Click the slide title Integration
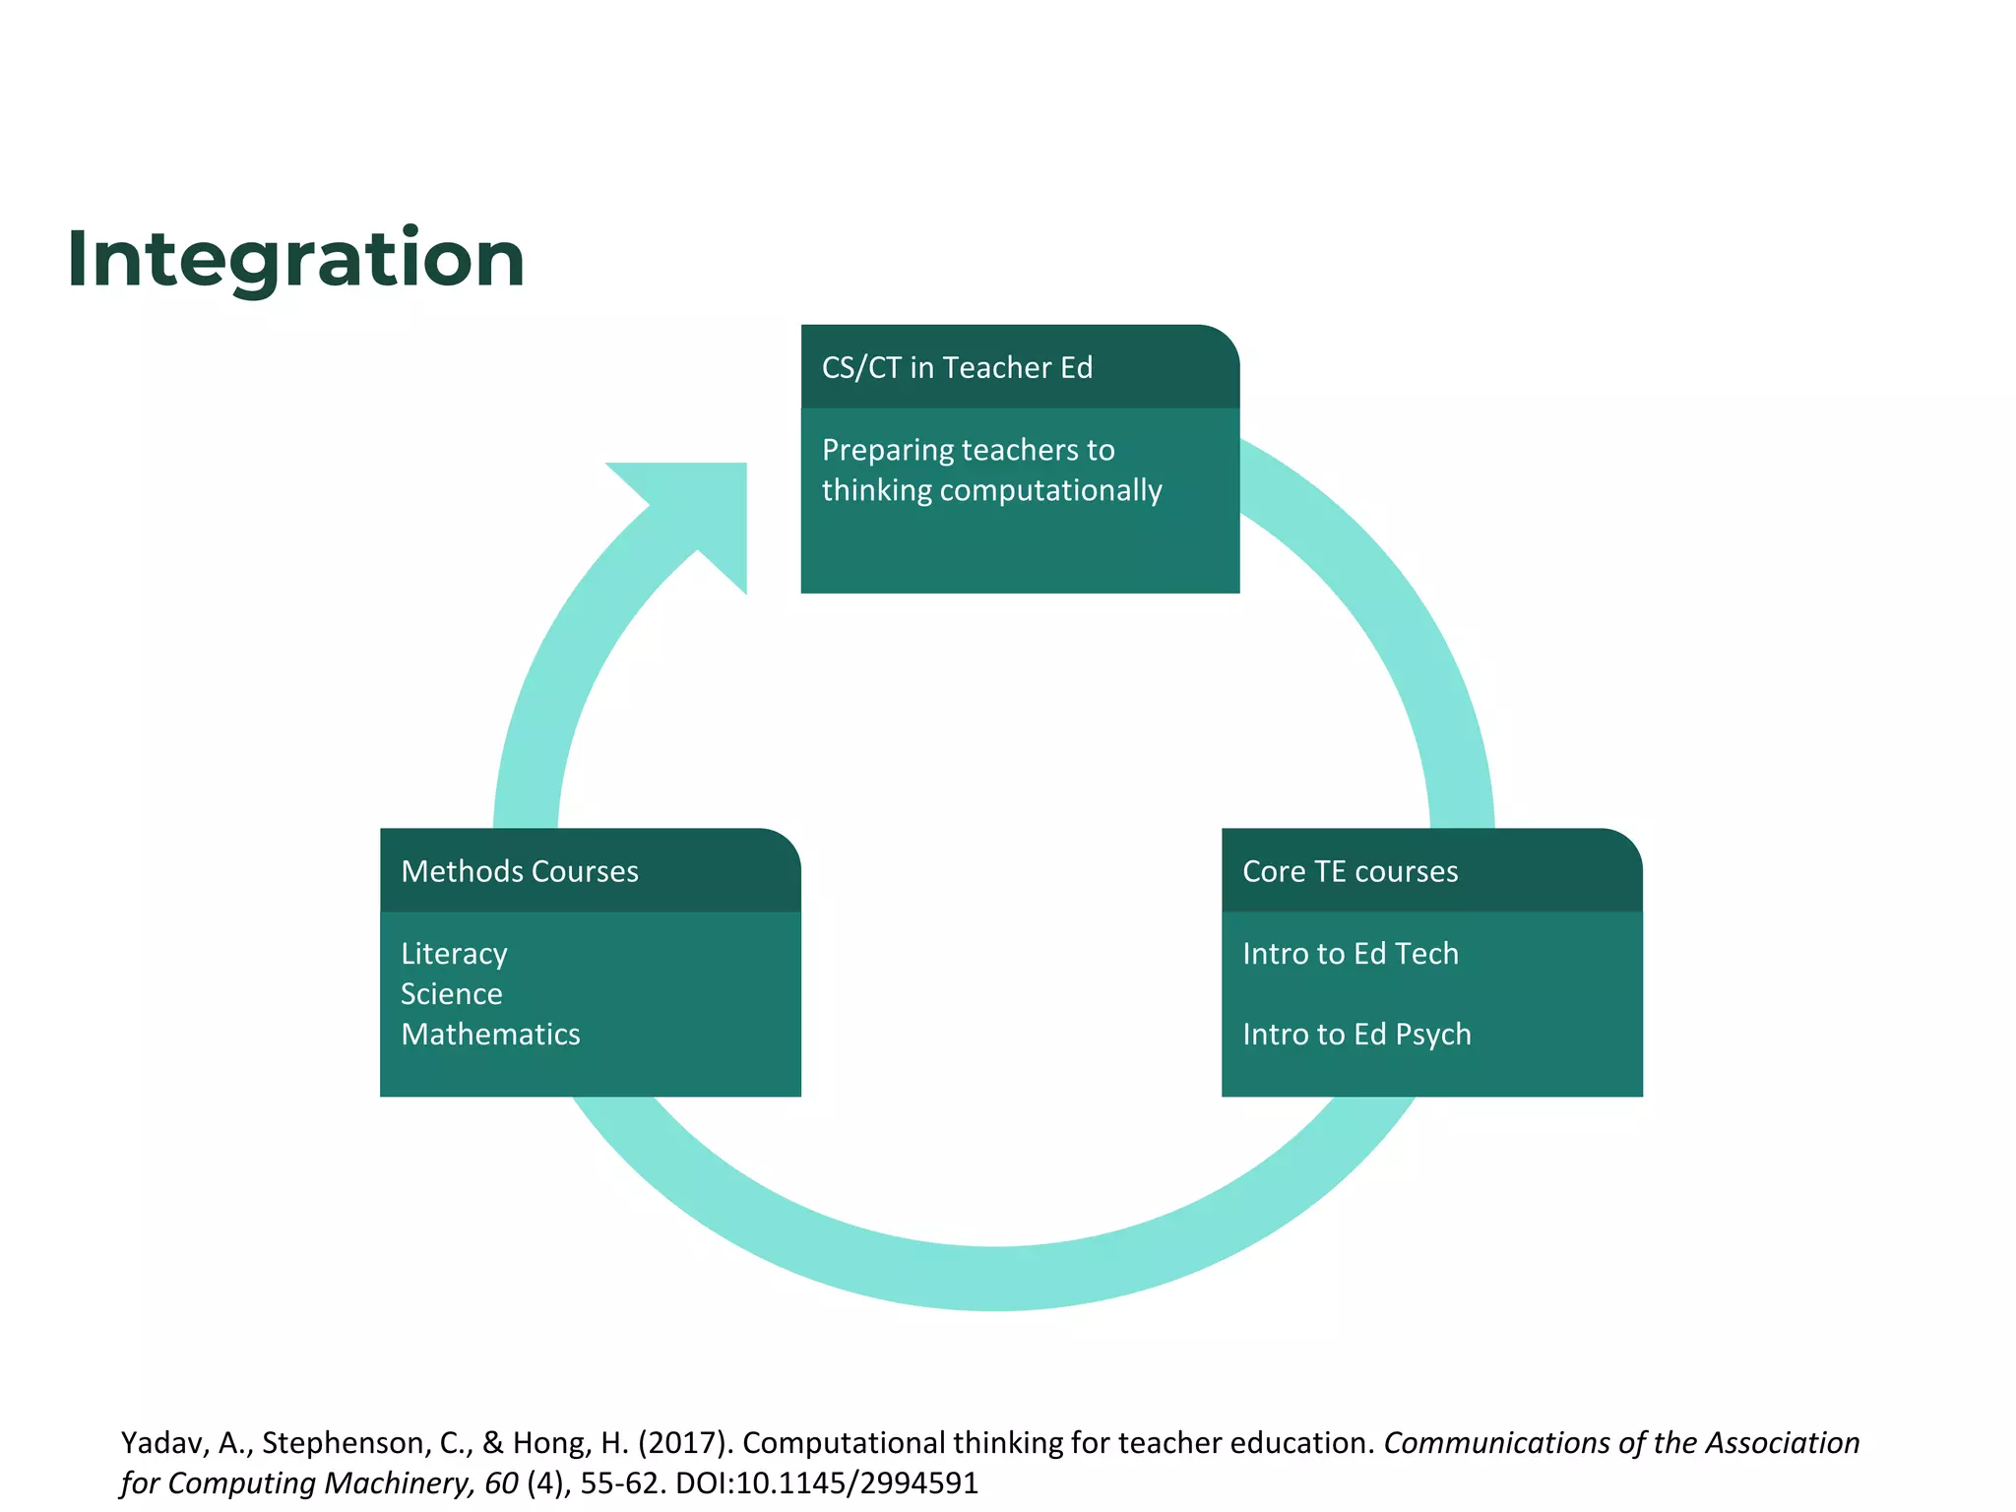295,258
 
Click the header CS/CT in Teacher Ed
957,367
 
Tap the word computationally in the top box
1050,490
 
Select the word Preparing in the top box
888,450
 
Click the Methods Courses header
520,871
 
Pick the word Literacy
454,953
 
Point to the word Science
451,993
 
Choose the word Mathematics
490,1034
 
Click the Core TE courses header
1350,871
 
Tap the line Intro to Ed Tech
1350,953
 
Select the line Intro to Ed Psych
1356,1034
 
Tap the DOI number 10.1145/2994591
857,1482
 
